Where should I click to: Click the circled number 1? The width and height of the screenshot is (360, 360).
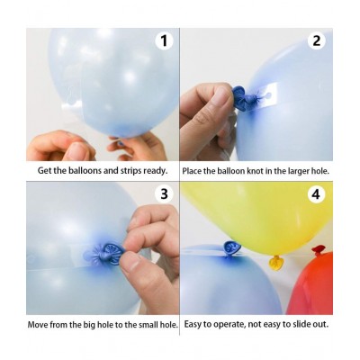point(163,40)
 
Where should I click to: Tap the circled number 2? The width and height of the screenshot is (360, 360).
point(317,40)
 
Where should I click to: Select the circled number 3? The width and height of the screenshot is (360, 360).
point(163,193)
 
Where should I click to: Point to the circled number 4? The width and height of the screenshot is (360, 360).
point(317,193)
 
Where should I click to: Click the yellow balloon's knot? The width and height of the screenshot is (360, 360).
point(275,262)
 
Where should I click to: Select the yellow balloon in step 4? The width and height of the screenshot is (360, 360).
point(261,220)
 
